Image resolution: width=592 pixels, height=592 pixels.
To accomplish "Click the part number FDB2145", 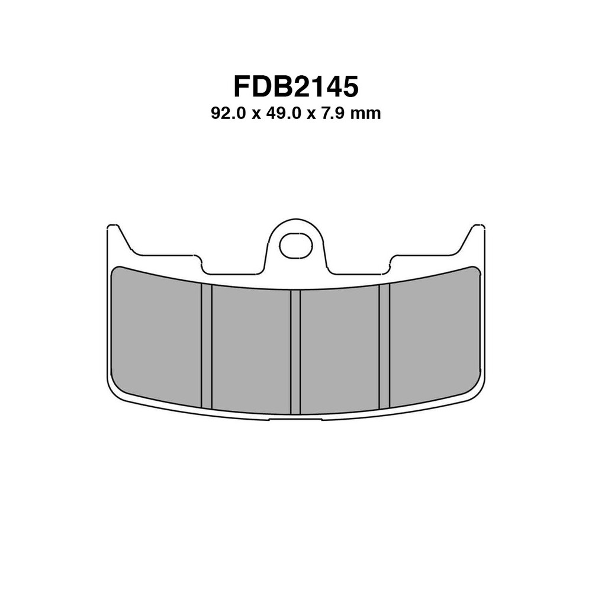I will click(295, 86).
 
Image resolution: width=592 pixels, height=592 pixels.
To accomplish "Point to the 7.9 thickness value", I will click(333, 114).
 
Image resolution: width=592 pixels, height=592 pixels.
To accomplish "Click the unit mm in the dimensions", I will click(365, 114).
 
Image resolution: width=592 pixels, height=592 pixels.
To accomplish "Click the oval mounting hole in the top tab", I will click(295, 246).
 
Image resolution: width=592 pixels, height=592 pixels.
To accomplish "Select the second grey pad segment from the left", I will click(251, 349).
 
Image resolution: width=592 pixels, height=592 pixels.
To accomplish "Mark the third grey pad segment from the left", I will click(340, 349).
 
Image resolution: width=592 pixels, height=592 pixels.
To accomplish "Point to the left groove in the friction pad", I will click(206, 346).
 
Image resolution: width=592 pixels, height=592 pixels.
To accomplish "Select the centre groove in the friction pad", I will click(295, 352).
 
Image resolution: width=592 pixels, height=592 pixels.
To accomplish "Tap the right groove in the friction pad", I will click(384, 346).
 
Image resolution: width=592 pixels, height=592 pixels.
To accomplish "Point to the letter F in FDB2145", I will click(242, 86).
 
